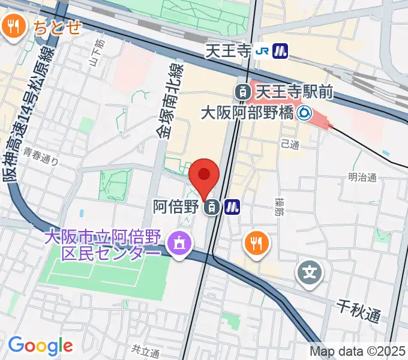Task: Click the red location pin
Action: (x=204, y=175)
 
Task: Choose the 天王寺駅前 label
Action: (x=294, y=92)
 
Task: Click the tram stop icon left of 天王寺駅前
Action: (x=243, y=92)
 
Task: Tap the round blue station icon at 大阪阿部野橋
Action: (x=305, y=112)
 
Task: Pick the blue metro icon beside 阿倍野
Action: (x=232, y=208)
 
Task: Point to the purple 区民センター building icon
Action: (x=178, y=244)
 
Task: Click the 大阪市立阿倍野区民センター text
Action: (x=102, y=245)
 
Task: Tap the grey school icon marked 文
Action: (x=310, y=274)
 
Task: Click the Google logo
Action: (x=40, y=345)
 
